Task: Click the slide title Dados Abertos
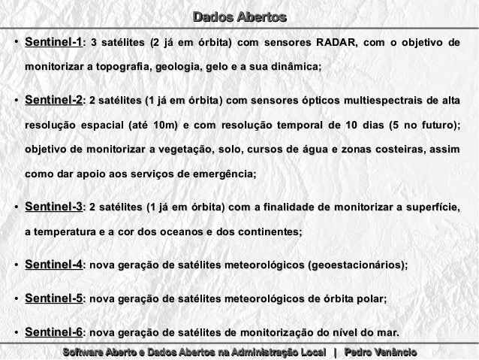[x=239, y=17]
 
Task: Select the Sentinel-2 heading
[x=53, y=100]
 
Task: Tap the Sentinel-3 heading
[x=53, y=207]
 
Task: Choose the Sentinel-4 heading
[x=53, y=265]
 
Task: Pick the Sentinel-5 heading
[x=53, y=298]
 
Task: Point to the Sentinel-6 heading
[x=53, y=332]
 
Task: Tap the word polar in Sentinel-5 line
[x=369, y=299]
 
